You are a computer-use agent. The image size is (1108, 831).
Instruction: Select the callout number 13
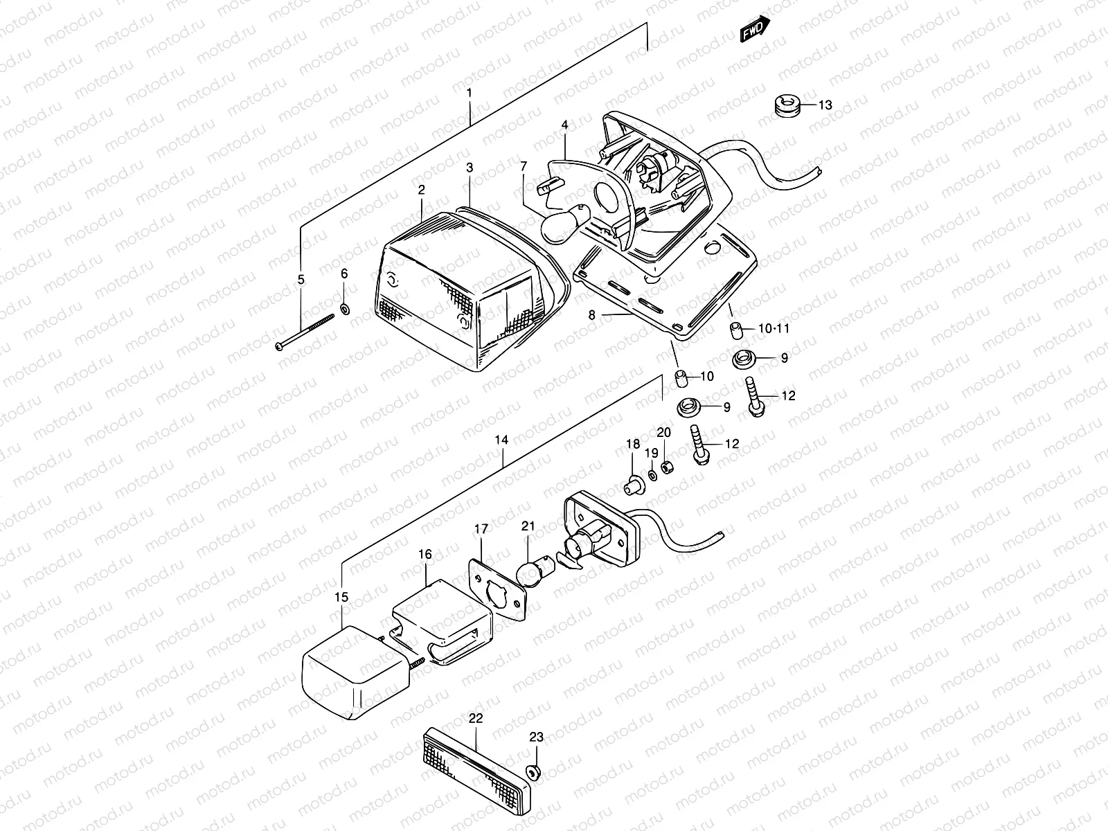click(x=825, y=105)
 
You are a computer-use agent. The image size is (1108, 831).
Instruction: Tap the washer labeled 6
click(x=346, y=307)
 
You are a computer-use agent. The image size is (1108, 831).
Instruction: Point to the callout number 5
click(x=301, y=280)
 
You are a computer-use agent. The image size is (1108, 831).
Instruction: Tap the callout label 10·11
click(x=774, y=328)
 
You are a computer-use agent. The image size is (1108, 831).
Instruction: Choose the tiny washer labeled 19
click(x=653, y=475)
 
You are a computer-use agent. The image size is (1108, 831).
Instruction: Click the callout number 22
click(x=475, y=718)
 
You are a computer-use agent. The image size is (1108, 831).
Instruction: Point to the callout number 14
click(x=501, y=440)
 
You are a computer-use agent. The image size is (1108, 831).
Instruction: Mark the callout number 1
click(x=469, y=92)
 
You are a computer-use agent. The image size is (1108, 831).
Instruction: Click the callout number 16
click(x=425, y=554)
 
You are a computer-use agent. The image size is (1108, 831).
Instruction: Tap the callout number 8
click(x=591, y=314)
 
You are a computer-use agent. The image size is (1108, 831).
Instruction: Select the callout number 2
click(x=421, y=189)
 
